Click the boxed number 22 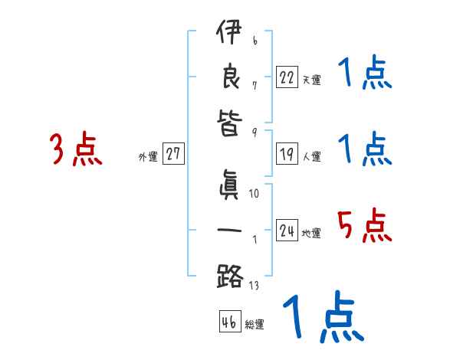coord(287,77)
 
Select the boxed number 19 coord(287,154)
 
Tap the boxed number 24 coord(287,231)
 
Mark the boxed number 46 coord(228,322)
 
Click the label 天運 coord(311,80)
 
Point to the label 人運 coord(311,157)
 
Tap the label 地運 coord(311,234)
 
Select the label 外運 coord(148,157)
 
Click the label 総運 coord(255,325)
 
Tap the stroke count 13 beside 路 coord(254,286)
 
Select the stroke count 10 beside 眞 coord(254,194)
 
